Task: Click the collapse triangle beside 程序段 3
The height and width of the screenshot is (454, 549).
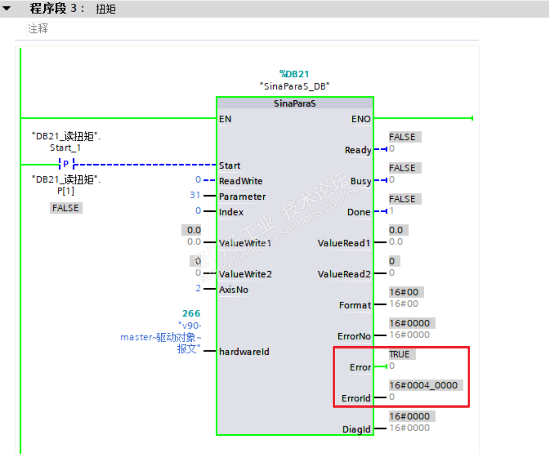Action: [7, 8]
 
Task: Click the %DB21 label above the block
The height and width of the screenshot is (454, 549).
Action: [294, 74]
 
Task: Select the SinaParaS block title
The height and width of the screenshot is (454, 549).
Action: [295, 104]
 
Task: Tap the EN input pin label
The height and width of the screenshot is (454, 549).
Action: [225, 119]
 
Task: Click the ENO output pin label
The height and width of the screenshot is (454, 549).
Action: [361, 119]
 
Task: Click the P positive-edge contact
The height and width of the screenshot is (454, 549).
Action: [66, 164]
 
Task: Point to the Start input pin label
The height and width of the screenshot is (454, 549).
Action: [230, 166]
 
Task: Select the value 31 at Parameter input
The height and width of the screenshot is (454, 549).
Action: [195, 196]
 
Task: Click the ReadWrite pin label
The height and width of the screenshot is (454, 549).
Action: [241, 181]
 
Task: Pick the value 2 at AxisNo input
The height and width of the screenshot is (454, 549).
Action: [198, 289]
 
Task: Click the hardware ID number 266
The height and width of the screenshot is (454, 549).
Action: [191, 314]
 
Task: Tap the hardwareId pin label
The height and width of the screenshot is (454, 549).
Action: [244, 351]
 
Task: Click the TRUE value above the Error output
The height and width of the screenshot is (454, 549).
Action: [399, 354]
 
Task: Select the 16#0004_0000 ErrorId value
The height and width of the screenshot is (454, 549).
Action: [423, 385]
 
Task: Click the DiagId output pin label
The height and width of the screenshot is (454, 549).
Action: [357, 429]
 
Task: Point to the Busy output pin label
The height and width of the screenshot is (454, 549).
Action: [361, 181]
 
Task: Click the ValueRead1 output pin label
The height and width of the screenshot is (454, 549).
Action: [344, 243]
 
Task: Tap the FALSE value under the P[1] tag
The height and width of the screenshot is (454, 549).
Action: [66, 208]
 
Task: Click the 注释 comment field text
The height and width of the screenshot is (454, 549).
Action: [38, 29]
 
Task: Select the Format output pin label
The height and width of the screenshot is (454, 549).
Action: [355, 305]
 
